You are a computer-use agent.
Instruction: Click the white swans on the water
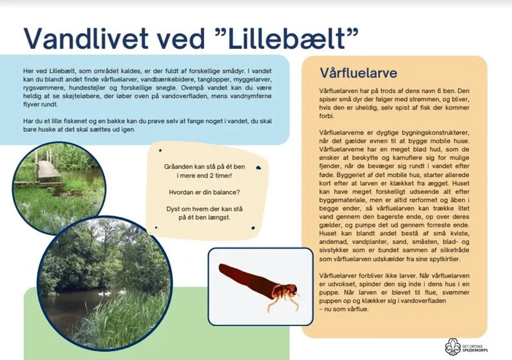106,291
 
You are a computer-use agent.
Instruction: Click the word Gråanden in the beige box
179,166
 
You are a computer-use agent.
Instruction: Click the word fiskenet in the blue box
79,120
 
